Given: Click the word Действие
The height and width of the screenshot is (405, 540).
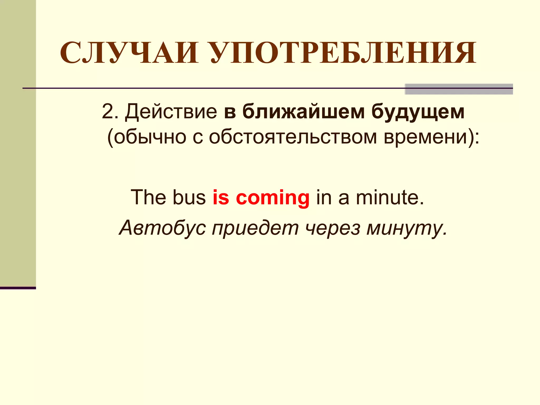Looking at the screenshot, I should coord(171,112).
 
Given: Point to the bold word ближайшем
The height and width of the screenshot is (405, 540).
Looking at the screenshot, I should coord(303,112).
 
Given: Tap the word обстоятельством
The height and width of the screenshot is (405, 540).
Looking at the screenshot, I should coord(293,137).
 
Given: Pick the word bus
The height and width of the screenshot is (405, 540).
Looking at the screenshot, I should coord(189,197).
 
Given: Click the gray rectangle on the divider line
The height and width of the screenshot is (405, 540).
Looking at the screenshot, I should coord(459,89).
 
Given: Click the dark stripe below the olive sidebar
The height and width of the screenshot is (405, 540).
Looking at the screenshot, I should coord(18,288).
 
